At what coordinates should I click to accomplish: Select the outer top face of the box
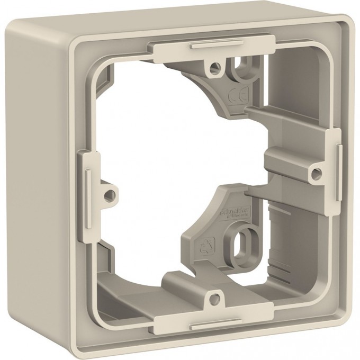pos(175,24)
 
